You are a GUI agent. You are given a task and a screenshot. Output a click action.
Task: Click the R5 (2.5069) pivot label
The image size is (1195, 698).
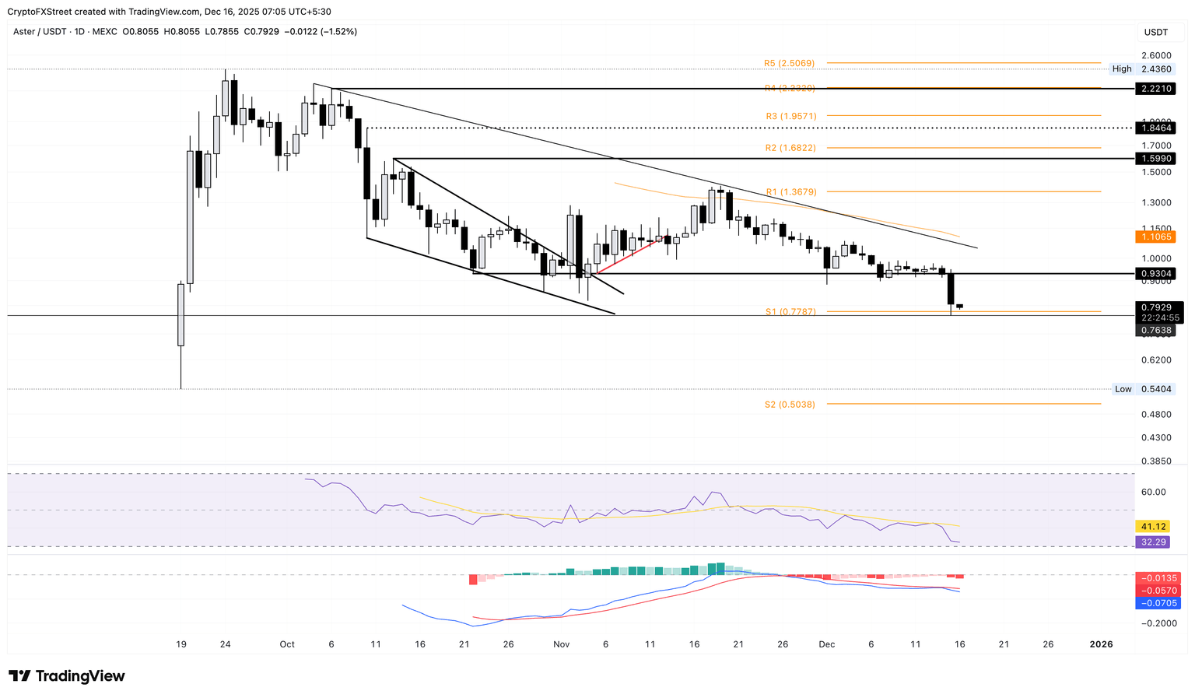789,63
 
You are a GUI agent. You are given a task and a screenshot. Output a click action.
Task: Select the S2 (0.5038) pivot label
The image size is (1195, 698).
790,405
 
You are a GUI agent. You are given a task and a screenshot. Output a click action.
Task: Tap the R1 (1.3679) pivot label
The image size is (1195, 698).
790,191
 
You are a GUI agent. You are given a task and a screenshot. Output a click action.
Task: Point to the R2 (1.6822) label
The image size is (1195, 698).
790,148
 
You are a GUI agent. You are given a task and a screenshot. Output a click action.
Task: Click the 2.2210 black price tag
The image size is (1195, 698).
1155,89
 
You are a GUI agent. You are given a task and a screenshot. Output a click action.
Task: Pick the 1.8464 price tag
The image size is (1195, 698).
1155,128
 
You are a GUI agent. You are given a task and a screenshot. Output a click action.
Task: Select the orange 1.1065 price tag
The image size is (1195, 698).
1155,237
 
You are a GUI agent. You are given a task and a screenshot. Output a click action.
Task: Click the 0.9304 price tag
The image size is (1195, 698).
1155,274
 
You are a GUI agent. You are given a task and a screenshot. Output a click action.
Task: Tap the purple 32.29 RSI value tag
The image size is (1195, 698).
1152,542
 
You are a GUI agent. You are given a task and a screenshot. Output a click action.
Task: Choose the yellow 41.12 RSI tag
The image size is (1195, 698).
1152,527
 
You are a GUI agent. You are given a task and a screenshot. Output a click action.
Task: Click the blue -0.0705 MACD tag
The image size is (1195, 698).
1158,603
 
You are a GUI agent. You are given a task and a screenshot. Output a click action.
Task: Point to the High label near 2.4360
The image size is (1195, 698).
1122,69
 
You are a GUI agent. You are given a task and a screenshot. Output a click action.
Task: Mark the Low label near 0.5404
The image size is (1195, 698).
1123,389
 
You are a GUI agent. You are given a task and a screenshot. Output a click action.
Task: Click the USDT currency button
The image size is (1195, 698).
1155,32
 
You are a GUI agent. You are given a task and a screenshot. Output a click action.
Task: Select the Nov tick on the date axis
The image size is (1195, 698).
561,644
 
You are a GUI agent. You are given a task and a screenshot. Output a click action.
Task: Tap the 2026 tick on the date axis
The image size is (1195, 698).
1101,644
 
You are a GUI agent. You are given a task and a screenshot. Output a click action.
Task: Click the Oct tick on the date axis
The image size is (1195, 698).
287,644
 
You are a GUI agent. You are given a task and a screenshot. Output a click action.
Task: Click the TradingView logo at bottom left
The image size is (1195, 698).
67,676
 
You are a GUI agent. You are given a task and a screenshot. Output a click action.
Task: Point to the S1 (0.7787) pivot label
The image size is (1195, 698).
790,312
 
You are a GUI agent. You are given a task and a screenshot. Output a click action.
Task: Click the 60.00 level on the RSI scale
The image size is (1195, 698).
1154,492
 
